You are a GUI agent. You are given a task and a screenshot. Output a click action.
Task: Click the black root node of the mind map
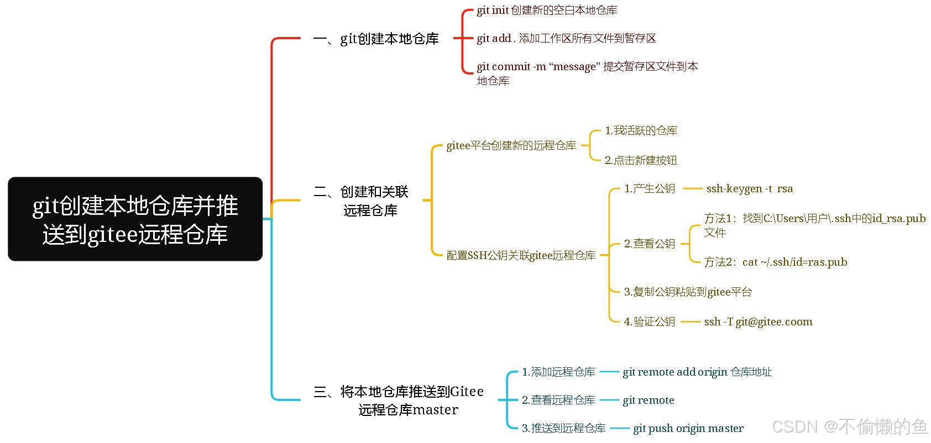tap(135, 219)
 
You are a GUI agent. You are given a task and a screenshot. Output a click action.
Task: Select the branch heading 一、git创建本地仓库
tap(376, 39)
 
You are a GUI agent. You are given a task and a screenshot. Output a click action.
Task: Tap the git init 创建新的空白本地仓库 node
tap(547, 10)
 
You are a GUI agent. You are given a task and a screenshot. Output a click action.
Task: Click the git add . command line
tap(566, 38)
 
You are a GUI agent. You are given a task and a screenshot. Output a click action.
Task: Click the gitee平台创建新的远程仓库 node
tap(511, 146)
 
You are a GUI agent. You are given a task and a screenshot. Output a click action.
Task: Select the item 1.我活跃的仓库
tap(641, 131)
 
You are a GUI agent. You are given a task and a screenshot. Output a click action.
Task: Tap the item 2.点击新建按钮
tap(641, 161)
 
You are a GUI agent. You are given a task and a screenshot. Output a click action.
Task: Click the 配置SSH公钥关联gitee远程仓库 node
tap(521, 256)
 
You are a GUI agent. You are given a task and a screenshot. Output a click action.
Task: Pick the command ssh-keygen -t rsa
tap(749, 189)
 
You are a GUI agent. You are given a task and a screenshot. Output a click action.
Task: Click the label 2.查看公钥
tap(650, 244)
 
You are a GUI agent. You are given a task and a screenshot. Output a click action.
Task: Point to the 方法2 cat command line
tap(776, 262)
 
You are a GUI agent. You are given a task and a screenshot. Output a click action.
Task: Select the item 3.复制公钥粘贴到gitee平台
tap(688, 292)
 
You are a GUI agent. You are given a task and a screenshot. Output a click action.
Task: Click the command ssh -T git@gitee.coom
tap(758, 322)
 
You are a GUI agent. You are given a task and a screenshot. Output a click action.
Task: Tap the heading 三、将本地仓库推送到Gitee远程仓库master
tap(398, 400)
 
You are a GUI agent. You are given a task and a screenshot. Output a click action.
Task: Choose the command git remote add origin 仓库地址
tap(697, 372)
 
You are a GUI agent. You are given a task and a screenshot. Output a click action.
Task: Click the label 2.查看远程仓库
tap(558, 400)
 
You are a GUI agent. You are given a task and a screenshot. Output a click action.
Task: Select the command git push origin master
tap(688, 429)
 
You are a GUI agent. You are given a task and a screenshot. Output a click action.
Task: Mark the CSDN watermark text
tap(849, 426)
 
